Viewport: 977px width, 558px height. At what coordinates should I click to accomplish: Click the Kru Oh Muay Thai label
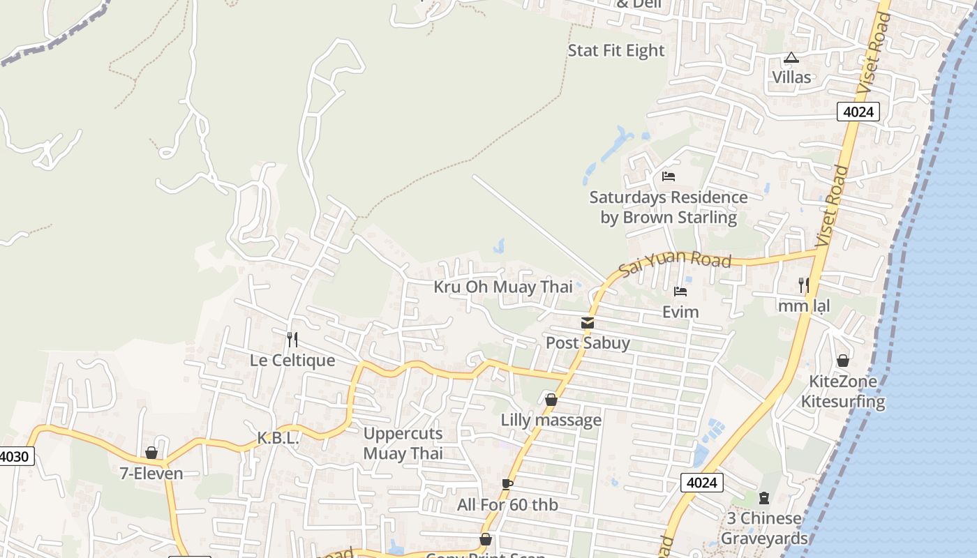503,287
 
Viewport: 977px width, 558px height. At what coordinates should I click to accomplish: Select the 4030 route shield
15,457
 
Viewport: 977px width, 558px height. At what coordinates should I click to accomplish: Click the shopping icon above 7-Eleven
151,453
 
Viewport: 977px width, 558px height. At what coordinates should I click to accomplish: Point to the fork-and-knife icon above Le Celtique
292,340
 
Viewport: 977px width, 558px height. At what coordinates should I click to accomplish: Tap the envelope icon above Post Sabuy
588,323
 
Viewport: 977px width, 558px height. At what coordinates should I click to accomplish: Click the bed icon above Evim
680,291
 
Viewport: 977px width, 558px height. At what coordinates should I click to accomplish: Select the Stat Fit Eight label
616,50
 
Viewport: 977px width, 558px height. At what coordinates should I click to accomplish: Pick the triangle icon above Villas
791,57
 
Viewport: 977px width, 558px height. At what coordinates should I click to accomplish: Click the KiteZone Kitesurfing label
842,391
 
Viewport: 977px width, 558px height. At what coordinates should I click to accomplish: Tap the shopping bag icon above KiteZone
843,361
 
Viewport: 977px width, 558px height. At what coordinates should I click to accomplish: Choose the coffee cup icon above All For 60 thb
507,484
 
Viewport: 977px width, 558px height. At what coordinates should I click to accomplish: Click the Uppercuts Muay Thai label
403,443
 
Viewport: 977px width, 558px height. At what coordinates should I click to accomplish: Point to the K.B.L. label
278,438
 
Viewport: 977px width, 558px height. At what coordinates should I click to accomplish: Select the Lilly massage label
551,420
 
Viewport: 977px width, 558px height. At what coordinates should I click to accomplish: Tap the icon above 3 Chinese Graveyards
764,498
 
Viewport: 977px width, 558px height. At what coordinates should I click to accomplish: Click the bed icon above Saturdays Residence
669,176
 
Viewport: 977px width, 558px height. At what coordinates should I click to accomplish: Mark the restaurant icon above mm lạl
804,285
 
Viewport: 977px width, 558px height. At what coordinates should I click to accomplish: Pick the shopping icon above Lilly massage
551,400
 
